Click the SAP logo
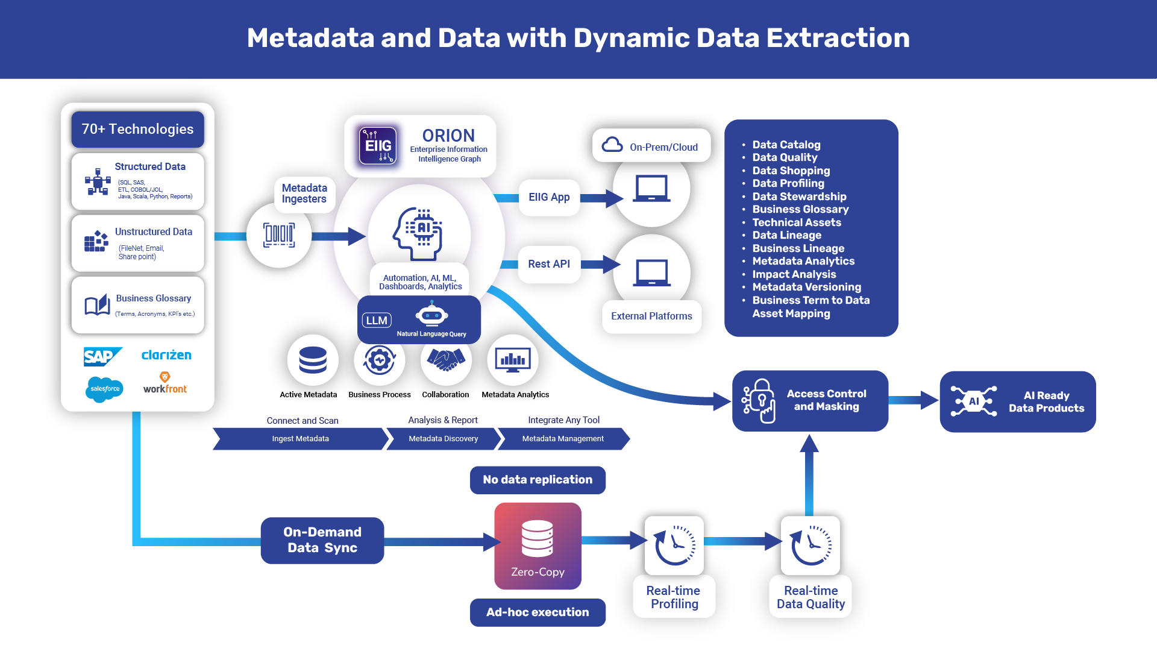pyautogui.click(x=102, y=356)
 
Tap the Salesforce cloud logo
pyautogui.click(x=104, y=389)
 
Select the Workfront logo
pyautogui.click(x=165, y=384)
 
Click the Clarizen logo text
pyautogui.click(x=166, y=355)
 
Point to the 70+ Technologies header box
pyautogui.click(x=137, y=129)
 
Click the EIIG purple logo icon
pyautogui.click(x=378, y=145)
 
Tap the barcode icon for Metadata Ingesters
pyautogui.click(x=279, y=235)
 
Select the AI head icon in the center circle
pyautogui.click(x=419, y=233)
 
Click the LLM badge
pyautogui.click(x=377, y=320)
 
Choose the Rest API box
pyautogui.click(x=548, y=264)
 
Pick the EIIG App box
pyautogui.click(x=548, y=197)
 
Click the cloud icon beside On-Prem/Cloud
pyautogui.click(x=612, y=145)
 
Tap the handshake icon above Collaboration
pyautogui.click(x=446, y=360)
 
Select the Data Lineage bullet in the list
pyautogui.click(x=786, y=235)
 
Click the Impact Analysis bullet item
pyautogui.click(x=794, y=274)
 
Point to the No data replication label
pyautogui.click(x=538, y=480)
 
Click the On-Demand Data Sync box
pyautogui.click(x=322, y=540)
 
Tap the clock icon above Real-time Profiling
pyautogui.click(x=674, y=545)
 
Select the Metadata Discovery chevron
pyautogui.click(x=443, y=439)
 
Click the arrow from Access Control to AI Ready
pyautogui.click(x=913, y=400)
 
